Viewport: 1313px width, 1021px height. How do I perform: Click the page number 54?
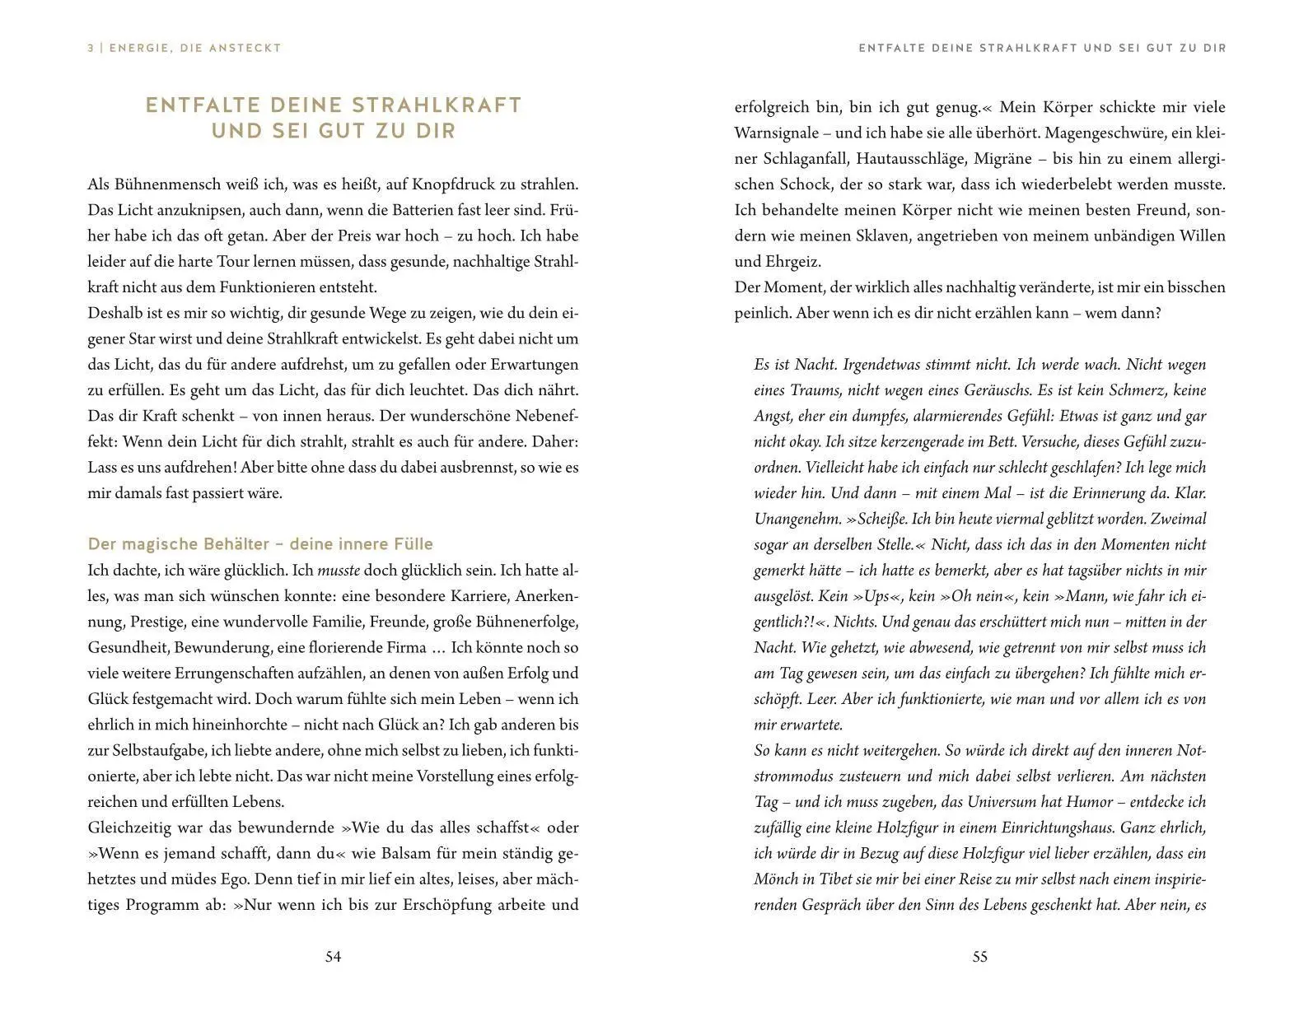[x=333, y=957]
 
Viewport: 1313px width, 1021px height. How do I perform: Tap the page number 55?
[x=979, y=957]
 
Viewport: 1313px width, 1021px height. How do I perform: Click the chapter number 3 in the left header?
[x=91, y=49]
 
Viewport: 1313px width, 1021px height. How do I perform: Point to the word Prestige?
[x=158, y=622]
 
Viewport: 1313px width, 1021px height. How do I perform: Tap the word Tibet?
[x=828, y=879]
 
